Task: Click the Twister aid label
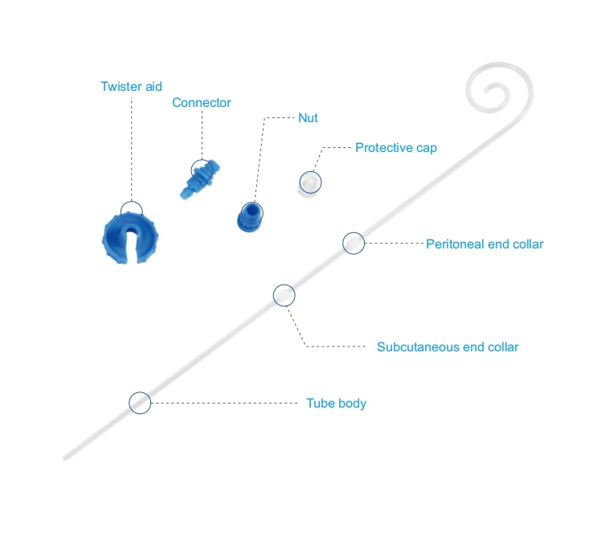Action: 131,86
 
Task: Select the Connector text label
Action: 202,103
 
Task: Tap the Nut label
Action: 308,118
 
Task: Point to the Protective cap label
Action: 396,148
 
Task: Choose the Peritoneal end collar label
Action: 484,244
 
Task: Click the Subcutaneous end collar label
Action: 448,347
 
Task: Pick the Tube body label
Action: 336,403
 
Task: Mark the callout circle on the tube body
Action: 140,403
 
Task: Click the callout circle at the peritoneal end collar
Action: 354,243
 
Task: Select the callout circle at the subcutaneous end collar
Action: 284,295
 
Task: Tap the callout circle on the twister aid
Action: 132,211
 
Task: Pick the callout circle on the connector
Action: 202,170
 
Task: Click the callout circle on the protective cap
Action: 310,182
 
